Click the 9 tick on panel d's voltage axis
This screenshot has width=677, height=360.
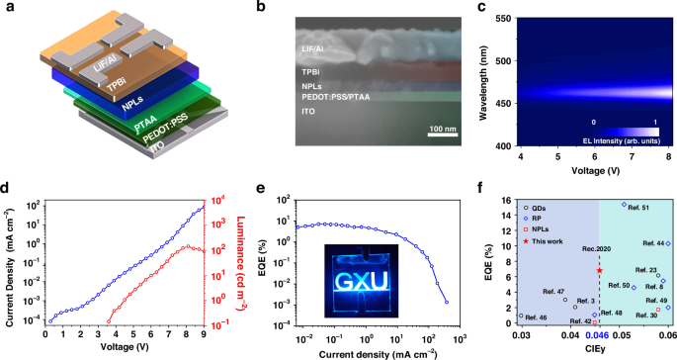tap(203, 336)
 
